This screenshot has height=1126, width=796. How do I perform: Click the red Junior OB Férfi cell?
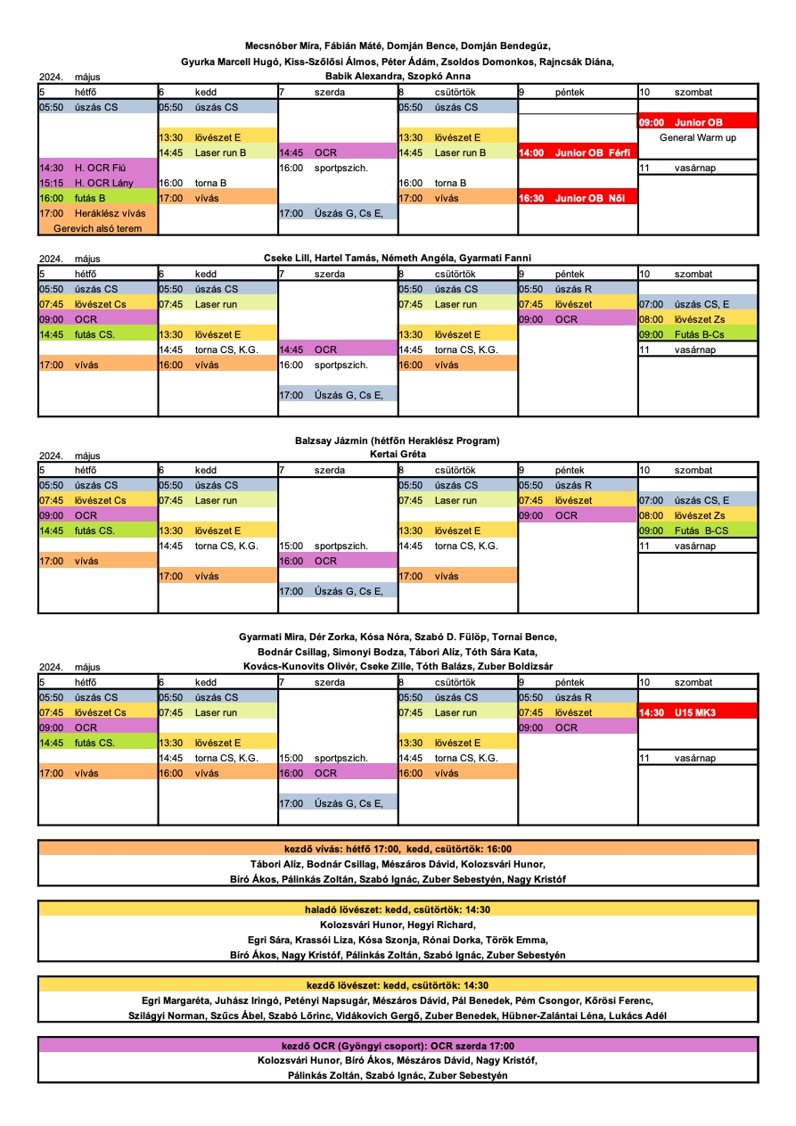(x=577, y=152)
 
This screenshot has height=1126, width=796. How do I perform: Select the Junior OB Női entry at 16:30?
(x=577, y=198)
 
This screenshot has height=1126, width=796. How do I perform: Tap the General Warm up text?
(x=697, y=137)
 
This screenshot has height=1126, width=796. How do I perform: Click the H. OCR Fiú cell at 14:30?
(x=98, y=168)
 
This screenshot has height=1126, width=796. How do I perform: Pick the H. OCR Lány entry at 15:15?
(x=98, y=183)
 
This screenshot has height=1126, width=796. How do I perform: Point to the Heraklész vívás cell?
(x=98, y=213)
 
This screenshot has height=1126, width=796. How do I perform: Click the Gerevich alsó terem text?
(x=97, y=228)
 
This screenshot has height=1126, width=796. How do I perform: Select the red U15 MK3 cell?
(x=697, y=712)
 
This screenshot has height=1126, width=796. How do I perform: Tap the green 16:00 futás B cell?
(x=98, y=198)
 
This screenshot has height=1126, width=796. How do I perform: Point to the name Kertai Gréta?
(x=398, y=454)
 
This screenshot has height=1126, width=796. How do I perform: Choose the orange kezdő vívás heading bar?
(x=398, y=849)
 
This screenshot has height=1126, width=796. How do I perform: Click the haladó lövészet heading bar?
(x=398, y=909)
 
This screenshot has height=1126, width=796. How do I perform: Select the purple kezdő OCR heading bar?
(x=398, y=1046)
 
